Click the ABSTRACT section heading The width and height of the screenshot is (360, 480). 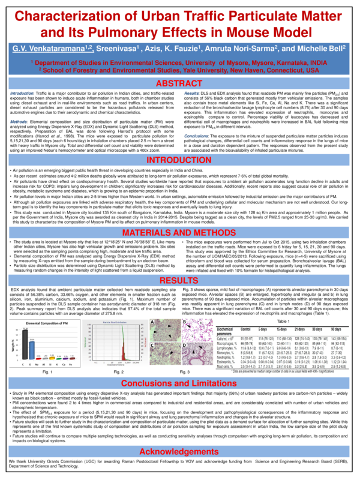(x=180, y=82)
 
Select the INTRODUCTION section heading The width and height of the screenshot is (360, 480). (x=180, y=161)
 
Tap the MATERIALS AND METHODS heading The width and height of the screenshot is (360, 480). (x=180, y=232)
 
